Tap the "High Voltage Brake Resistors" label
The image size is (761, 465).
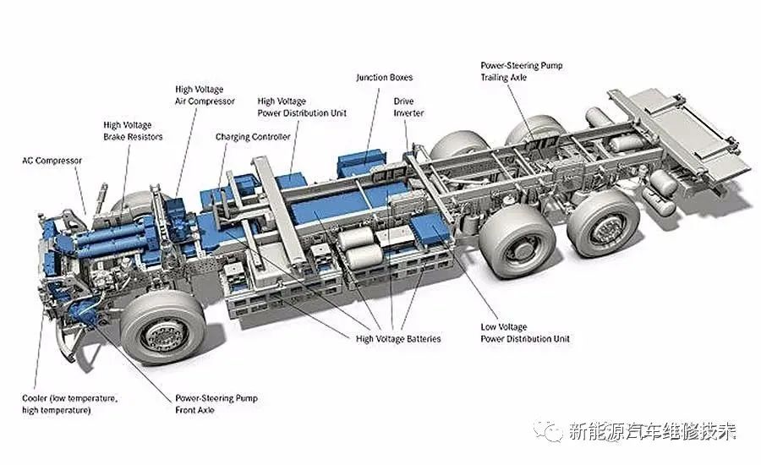coord(133,130)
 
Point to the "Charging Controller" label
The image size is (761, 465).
coord(253,136)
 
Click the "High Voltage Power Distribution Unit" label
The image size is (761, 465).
coord(302,107)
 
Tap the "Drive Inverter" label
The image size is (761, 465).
coord(408,107)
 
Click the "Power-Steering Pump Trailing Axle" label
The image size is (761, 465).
coord(521,70)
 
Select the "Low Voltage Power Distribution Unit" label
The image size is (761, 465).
coord(525,333)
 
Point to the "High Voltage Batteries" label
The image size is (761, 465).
coord(398,339)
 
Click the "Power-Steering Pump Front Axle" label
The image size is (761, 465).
coord(216,403)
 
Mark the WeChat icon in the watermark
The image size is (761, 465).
coord(554,432)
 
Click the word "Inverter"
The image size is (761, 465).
coord(408,112)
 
